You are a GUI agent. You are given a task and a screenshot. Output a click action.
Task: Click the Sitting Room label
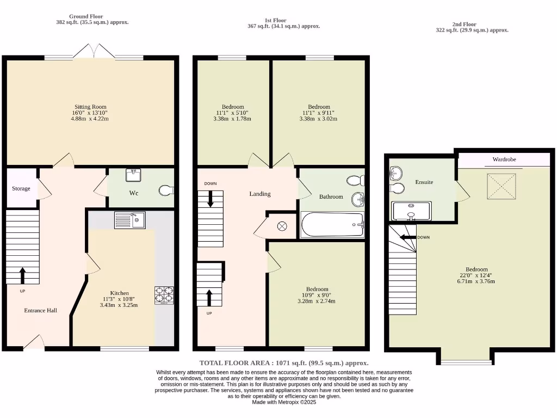pos(90,107)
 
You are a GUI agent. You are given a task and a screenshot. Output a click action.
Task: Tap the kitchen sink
pos(129,220)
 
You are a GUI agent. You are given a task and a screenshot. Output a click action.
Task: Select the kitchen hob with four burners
pos(164,294)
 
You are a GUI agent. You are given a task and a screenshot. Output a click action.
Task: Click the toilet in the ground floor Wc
pos(166,190)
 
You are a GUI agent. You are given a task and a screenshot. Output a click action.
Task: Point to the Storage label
pos(21,188)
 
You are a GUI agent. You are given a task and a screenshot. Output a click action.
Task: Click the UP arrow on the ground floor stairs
pos(22,275)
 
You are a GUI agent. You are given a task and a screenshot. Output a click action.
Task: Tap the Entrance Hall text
pos(41,310)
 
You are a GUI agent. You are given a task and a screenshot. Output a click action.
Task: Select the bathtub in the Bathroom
pos(332,225)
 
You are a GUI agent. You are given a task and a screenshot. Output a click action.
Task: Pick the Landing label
pos(259,194)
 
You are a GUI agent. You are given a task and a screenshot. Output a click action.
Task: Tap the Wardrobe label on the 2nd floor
pos(504,159)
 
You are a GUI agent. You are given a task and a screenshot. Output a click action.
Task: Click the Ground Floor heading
pos(86,16)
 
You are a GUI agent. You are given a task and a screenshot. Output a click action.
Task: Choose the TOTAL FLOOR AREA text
pos(284,362)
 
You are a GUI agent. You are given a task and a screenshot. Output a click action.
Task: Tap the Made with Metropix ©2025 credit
pos(283,402)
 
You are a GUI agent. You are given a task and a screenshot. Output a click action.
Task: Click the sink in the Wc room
pos(133,175)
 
